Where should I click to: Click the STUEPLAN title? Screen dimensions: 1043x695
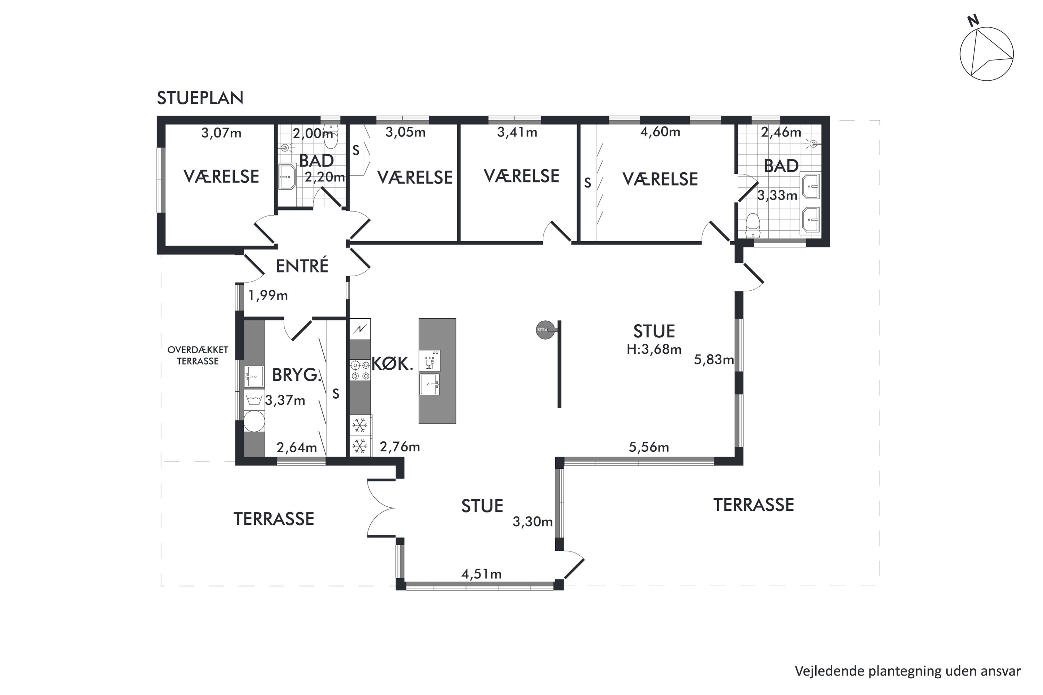[x=200, y=98]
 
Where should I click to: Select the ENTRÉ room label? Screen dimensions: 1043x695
[x=302, y=266]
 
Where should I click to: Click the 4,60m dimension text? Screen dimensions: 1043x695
[x=660, y=132]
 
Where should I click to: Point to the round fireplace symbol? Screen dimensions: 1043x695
[x=545, y=330]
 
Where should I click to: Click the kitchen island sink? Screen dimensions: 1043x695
[x=430, y=384]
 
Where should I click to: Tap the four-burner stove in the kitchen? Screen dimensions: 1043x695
[x=360, y=370]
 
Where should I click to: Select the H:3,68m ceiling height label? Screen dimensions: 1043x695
[x=654, y=349]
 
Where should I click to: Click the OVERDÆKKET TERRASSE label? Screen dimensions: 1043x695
[x=198, y=355]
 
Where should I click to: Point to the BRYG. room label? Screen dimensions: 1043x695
[x=296, y=375]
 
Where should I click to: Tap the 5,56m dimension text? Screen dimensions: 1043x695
[x=649, y=447]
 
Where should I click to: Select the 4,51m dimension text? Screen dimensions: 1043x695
[x=482, y=574]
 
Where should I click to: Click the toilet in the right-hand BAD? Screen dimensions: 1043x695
[x=753, y=226]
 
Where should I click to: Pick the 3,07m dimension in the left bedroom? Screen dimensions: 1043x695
[x=221, y=133]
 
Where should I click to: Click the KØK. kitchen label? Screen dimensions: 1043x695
[x=393, y=364]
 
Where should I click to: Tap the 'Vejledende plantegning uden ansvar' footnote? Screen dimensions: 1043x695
[x=908, y=671]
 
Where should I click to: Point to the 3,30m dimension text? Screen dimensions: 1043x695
[x=533, y=522]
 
